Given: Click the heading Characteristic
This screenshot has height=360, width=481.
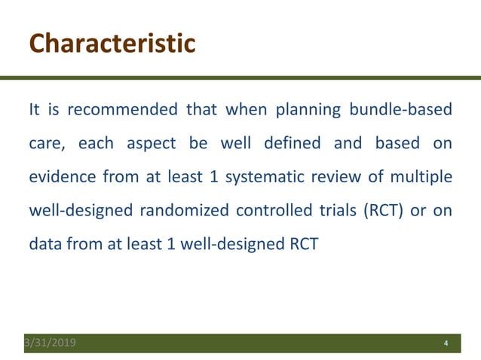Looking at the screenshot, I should (x=112, y=43).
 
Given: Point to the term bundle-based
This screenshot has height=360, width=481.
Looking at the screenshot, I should (x=400, y=110).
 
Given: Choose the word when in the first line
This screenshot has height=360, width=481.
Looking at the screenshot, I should (x=243, y=110).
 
